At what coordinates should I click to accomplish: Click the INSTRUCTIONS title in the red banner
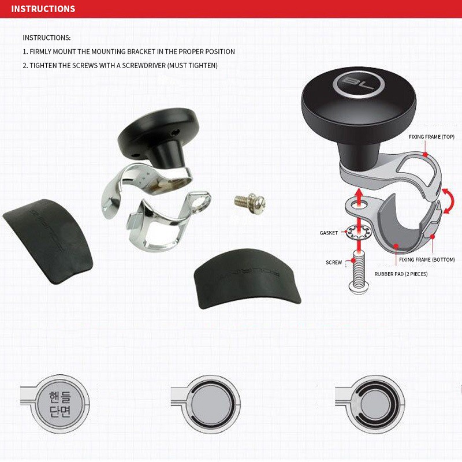(43, 9)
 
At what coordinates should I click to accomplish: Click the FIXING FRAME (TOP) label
(431, 137)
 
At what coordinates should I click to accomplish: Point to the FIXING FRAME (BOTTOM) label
(427, 259)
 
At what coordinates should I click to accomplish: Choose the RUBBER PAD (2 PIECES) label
(401, 274)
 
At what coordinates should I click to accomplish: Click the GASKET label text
(329, 233)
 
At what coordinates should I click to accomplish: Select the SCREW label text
(334, 262)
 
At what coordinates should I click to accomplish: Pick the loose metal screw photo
(250, 203)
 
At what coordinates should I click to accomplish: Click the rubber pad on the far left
(48, 241)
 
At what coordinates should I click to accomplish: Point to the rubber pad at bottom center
(247, 278)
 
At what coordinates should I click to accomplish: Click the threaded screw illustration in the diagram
(359, 273)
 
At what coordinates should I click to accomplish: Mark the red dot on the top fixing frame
(425, 154)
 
